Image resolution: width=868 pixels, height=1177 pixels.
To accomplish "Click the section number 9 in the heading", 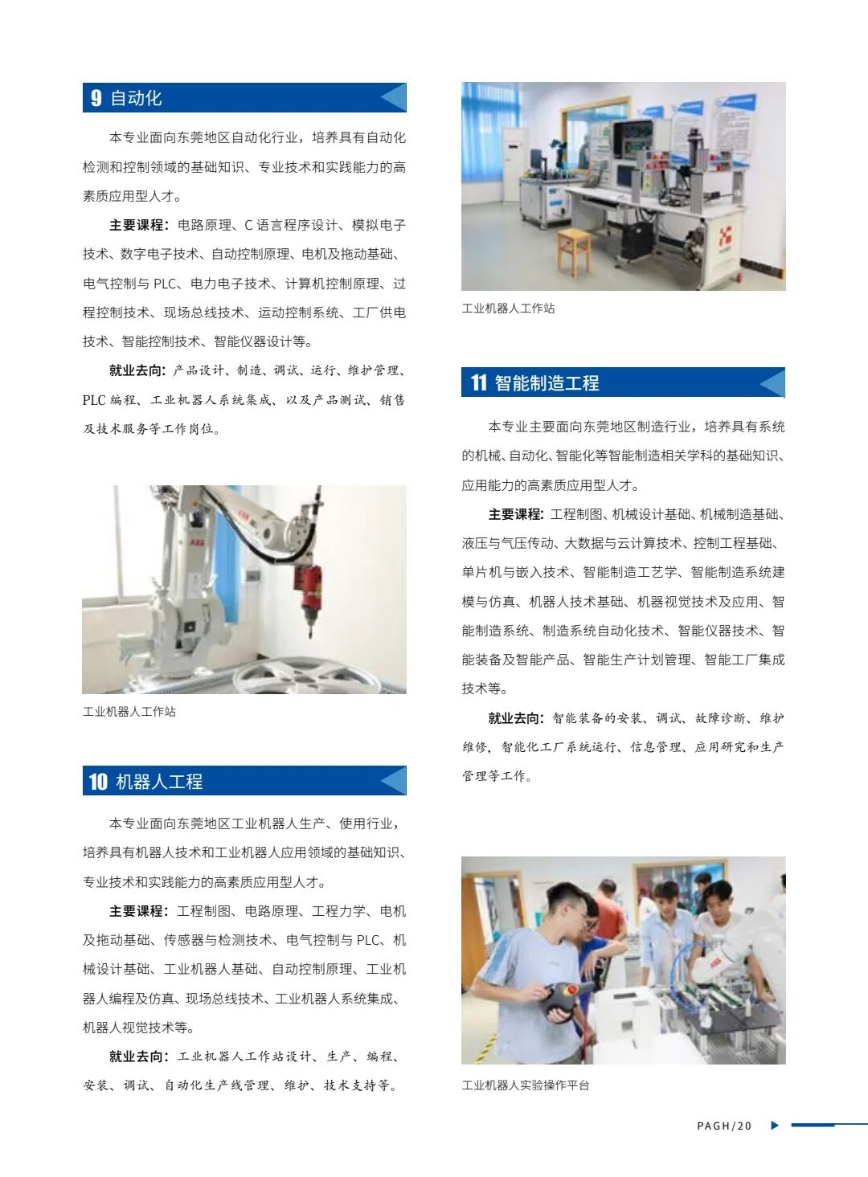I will [x=96, y=98].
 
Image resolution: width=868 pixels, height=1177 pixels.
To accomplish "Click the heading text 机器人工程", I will [x=159, y=782].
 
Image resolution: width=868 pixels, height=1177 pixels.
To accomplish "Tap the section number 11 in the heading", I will [x=479, y=382].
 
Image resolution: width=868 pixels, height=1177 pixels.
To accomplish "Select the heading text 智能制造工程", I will [x=547, y=383].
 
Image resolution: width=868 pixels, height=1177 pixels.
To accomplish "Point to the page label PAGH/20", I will [x=723, y=1126].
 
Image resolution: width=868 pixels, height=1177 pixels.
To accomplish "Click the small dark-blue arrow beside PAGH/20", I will [x=775, y=1125].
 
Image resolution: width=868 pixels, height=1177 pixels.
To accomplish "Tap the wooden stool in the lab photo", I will [x=574, y=250].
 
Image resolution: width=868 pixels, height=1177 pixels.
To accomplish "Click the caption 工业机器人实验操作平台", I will [x=525, y=1085].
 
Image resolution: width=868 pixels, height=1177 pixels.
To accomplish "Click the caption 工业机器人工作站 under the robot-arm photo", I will [x=129, y=712].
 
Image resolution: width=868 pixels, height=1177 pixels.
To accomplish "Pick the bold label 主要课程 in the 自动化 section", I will [x=138, y=225].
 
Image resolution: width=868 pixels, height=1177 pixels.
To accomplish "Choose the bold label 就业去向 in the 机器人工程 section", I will [x=138, y=1056].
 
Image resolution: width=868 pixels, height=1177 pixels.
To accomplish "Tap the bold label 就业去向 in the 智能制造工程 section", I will [x=517, y=718].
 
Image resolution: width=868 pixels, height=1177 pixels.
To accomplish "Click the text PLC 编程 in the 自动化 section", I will [x=109, y=400].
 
